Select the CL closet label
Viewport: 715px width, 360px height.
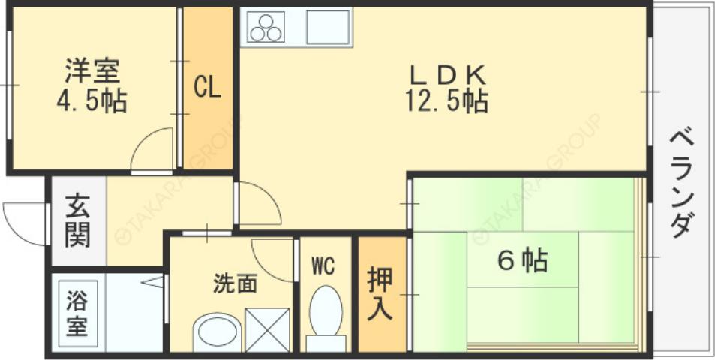207,88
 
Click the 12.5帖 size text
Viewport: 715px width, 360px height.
447,100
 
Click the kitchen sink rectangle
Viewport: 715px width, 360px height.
328,28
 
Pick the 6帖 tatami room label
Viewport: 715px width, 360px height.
522,261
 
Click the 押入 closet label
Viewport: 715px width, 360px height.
380,294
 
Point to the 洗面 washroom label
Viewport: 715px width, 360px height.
235,283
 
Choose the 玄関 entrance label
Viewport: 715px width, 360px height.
77,221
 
